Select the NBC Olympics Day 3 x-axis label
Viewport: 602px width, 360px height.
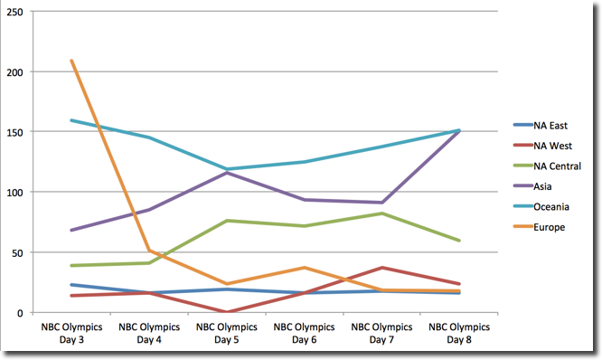71,332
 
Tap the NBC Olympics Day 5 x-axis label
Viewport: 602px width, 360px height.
226,332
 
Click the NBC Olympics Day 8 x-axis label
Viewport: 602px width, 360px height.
458,332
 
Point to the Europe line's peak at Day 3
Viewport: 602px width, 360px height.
71,61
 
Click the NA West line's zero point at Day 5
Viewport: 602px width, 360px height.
226,312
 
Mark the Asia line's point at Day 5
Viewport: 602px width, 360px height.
226,172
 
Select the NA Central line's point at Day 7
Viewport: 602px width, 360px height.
381,213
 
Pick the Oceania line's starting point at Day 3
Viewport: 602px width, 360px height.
71,120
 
